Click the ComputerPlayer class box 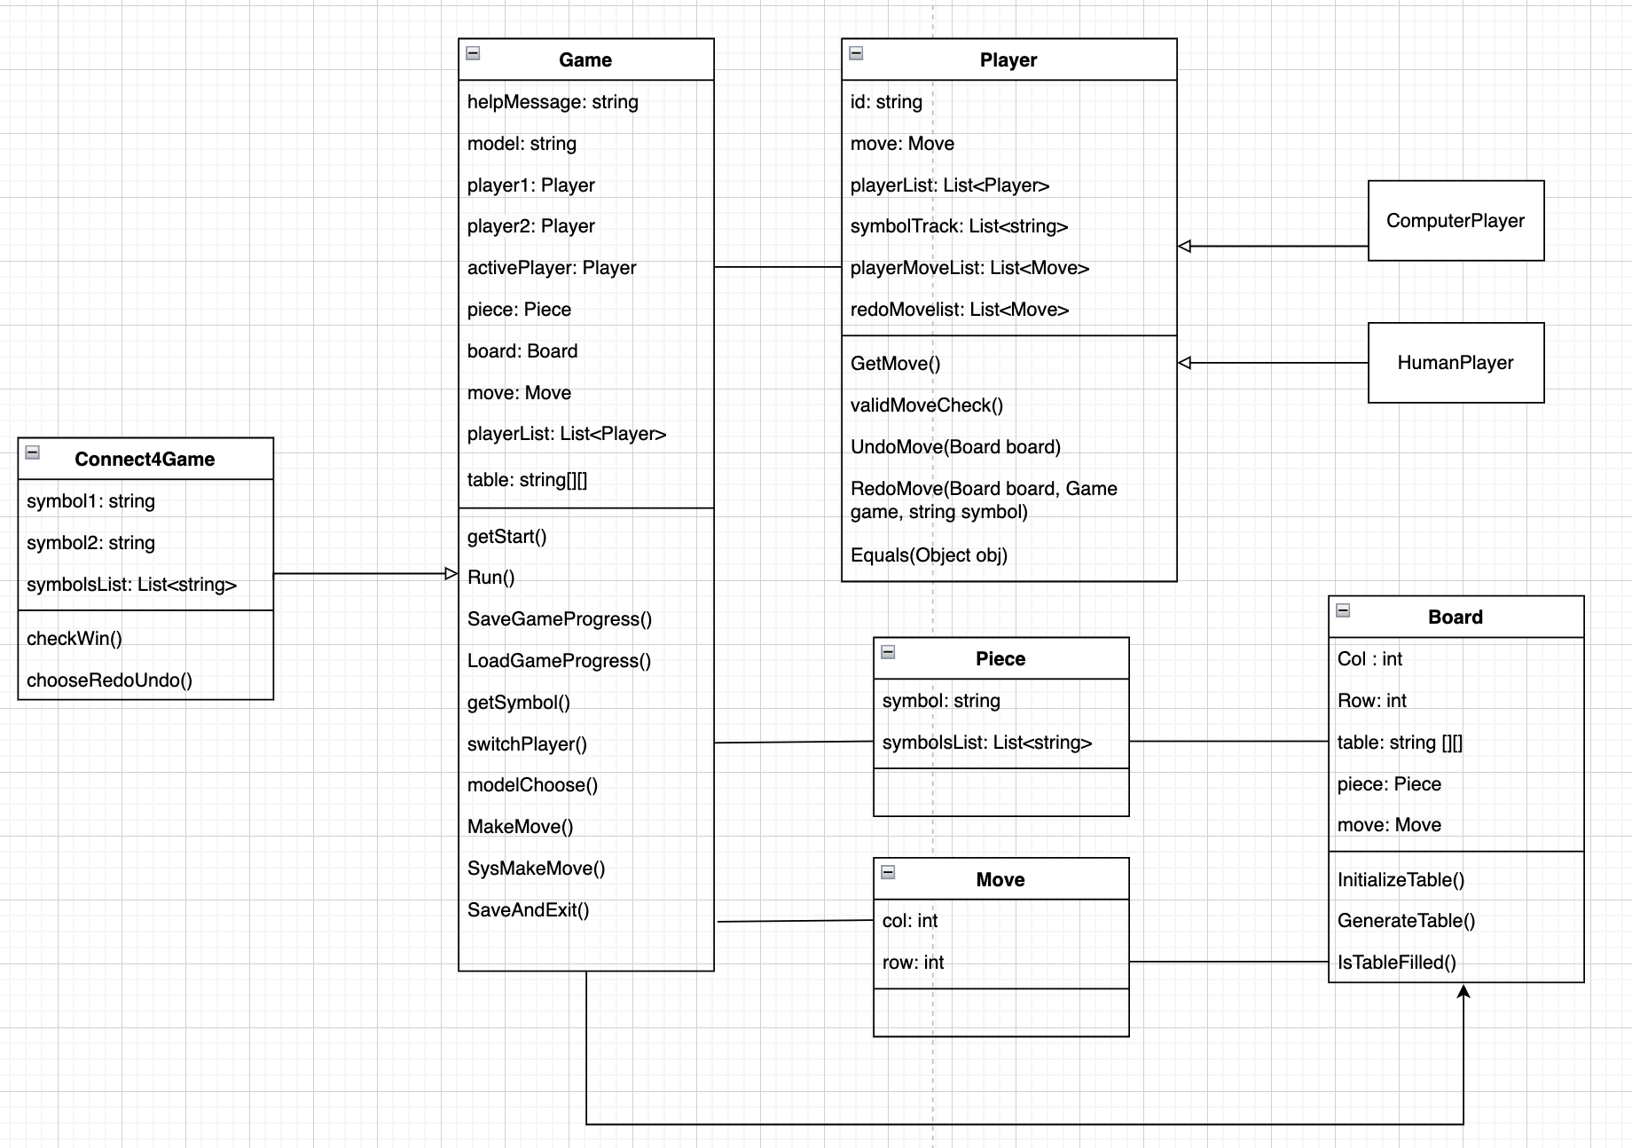[x=1455, y=221]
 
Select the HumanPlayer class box [x=1455, y=363]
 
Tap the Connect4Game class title [x=145, y=460]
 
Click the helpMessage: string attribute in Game [x=553, y=102]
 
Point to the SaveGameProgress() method [x=560, y=619]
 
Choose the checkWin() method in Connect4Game [x=75, y=639]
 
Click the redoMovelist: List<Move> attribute [x=960, y=310]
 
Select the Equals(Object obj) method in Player [x=929, y=555]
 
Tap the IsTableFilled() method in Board [x=1397, y=963]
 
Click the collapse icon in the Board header [x=1344, y=610]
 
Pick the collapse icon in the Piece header [x=888, y=652]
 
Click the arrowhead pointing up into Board [x=1463, y=991]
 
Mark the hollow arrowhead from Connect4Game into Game [x=451, y=574]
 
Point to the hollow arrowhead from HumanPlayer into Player [x=1185, y=363]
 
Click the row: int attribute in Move [x=913, y=963]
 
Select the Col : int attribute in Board [x=1369, y=659]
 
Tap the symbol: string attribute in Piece [x=941, y=701]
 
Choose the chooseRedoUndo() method [x=109, y=680]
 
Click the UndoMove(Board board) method [x=955, y=447]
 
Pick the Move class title [x=1000, y=880]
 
